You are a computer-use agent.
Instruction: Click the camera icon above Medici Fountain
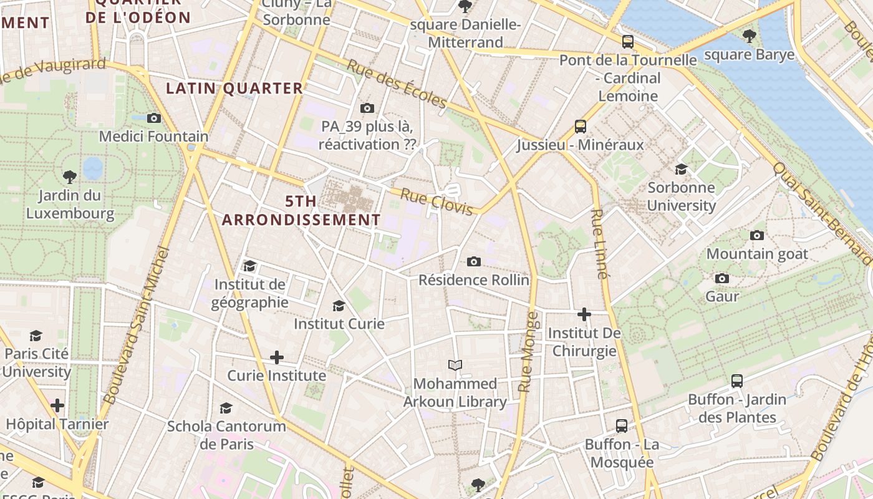point(154,118)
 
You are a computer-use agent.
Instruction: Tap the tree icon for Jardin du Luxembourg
point(70,177)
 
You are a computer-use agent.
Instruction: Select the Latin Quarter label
point(234,89)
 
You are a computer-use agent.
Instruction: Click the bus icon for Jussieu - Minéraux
point(581,127)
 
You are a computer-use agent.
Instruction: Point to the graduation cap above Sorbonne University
point(681,169)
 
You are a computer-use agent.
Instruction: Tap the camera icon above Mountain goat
point(757,235)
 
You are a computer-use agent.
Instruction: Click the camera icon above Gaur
point(722,278)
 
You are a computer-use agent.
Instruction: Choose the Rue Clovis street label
point(436,202)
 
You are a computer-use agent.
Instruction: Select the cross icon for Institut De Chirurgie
point(584,314)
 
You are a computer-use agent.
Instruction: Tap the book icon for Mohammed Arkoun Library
point(455,365)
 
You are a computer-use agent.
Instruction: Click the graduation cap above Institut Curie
point(339,306)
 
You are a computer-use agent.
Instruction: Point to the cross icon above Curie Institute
point(277,357)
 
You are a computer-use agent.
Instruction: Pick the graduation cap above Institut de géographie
point(249,266)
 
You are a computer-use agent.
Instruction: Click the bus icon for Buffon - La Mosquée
point(622,426)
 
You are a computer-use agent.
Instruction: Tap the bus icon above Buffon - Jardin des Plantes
point(737,380)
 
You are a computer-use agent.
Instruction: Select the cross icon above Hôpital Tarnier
point(57,405)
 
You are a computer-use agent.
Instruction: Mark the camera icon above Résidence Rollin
point(474,261)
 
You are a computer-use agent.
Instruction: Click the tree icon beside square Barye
point(750,36)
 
